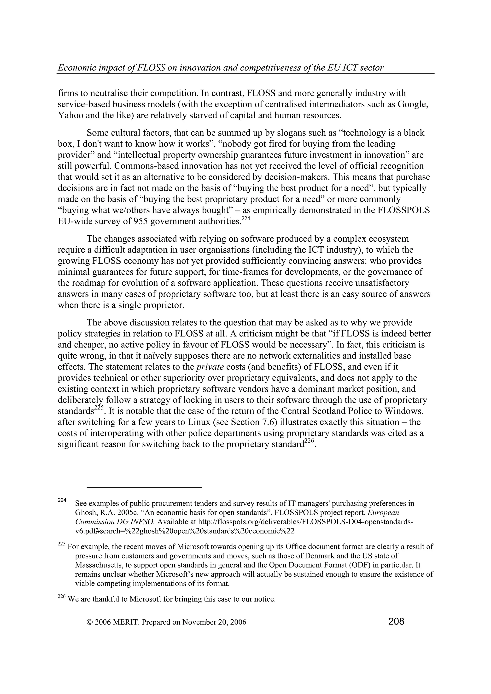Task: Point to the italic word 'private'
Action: tap(210, 367)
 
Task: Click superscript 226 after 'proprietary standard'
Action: tap(309, 442)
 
